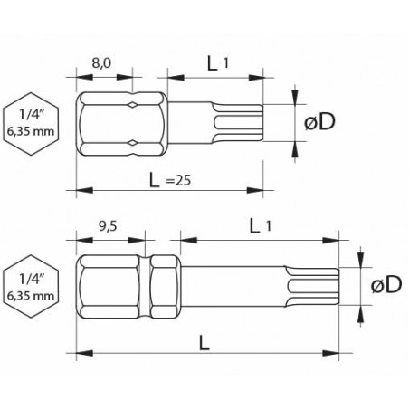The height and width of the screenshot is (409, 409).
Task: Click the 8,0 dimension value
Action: [101, 63]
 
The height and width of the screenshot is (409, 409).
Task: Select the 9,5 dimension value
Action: [108, 226]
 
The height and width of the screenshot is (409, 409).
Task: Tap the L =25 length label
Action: [170, 180]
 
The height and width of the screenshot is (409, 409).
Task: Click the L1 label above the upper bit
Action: [218, 63]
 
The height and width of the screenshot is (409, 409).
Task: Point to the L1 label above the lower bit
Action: [261, 226]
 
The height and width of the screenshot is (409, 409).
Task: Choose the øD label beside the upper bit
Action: [320, 122]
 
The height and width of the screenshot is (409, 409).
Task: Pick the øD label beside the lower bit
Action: [386, 284]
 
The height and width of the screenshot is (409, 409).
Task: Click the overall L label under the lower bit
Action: [204, 343]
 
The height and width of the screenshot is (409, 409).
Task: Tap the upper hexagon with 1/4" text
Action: [31, 124]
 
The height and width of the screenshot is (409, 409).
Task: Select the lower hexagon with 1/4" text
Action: [31, 287]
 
